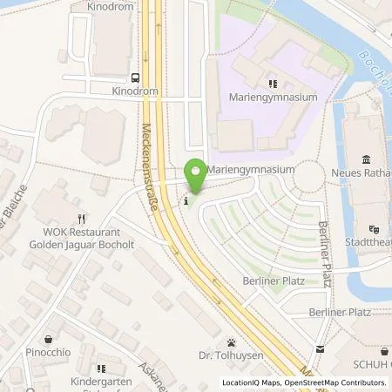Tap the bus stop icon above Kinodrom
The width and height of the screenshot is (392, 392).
click(135, 76)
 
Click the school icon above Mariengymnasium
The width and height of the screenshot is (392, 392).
click(273, 84)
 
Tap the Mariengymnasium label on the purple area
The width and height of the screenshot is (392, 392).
click(274, 98)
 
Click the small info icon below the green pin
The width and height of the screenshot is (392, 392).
click(185, 202)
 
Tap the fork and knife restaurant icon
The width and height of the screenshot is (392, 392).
click(81, 219)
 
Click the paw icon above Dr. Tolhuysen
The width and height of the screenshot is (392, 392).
click(231, 342)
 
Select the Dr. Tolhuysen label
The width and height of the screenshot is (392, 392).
click(231, 355)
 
